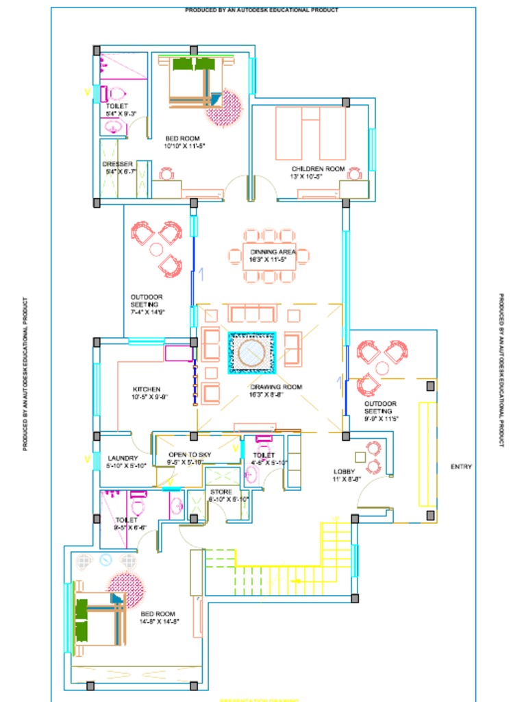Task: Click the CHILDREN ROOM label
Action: pyautogui.click(x=318, y=169)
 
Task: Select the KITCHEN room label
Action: pyautogui.click(x=147, y=389)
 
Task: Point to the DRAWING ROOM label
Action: pyautogui.click(x=276, y=387)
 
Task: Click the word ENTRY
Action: pyautogui.click(x=461, y=467)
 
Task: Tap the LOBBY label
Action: pyautogui.click(x=344, y=472)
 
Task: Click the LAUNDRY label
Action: pyautogui.click(x=123, y=458)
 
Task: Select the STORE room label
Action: pyautogui.click(x=221, y=492)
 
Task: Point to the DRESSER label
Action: pyautogui.click(x=117, y=165)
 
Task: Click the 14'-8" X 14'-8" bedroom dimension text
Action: pyautogui.click(x=160, y=622)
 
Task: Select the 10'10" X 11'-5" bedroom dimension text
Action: pyautogui.click(x=184, y=146)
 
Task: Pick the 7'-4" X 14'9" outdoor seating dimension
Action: pyautogui.click(x=148, y=312)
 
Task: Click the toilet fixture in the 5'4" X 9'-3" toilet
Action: pyautogui.click(x=113, y=94)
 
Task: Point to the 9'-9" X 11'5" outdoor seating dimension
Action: pyautogui.click(x=381, y=418)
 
